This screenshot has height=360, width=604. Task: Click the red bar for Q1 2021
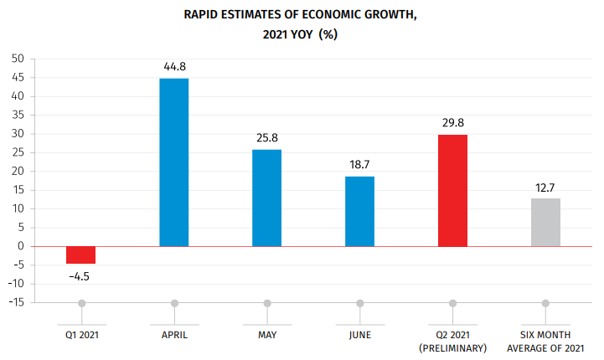[x=81, y=255]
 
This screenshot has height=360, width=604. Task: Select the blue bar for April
[x=174, y=162]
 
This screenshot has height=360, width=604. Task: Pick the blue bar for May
[x=267, y=198]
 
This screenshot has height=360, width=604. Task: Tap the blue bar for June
[x=360, y=211]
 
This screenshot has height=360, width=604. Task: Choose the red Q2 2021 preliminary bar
[x=453, y=190]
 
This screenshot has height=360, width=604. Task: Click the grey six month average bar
[x=545, y=222]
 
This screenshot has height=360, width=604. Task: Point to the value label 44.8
[x=174, y=65]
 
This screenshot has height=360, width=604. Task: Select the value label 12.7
[x=545, y=186]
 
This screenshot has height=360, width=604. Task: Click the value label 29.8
[x=453, y=122]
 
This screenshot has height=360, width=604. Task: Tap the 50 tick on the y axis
[x=18, y=59]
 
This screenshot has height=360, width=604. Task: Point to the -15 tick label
[x=16, y=302]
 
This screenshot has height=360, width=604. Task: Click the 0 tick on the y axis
[x=21, y=246]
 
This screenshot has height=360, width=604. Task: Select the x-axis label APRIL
[x=174, y=335]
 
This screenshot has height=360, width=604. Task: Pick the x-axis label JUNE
[x=360, y=335]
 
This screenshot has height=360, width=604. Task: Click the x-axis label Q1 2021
[x=81, y=335]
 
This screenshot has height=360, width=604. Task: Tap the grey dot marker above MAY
[x=267, y=303]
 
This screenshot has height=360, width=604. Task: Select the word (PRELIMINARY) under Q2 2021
[x=453, y=347]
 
